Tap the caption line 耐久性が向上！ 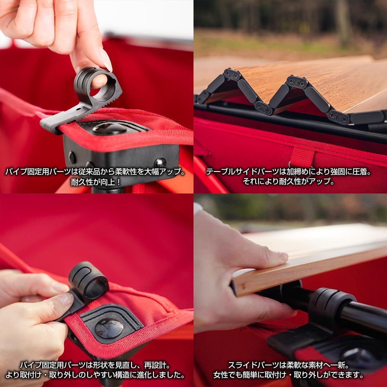tap(96, 182)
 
